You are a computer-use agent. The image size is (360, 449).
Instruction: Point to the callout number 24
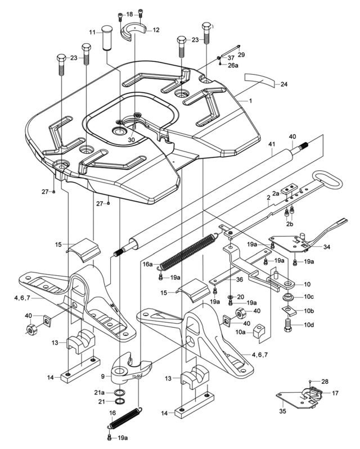coord(283,84)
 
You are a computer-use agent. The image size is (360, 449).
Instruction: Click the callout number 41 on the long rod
coord(272,145)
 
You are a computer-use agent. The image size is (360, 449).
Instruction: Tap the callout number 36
coord(239,280)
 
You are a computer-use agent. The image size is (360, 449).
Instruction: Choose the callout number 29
coord(241,55)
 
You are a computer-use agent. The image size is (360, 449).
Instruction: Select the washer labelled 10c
coord(289,296)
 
